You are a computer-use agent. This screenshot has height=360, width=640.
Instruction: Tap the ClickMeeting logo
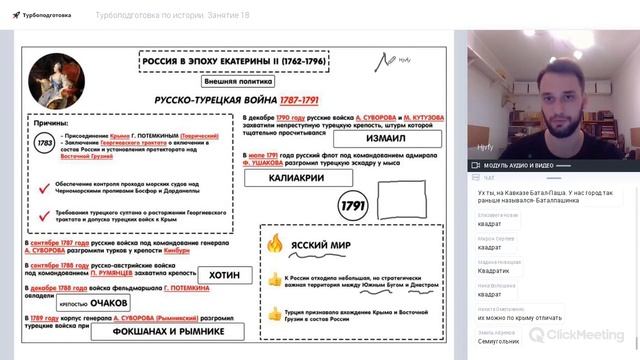click(x=580, y=336)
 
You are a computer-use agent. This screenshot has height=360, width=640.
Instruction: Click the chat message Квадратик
click(x=492, y=270)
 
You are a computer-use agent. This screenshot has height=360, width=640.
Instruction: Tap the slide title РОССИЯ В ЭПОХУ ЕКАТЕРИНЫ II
click(x=234, y=62)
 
